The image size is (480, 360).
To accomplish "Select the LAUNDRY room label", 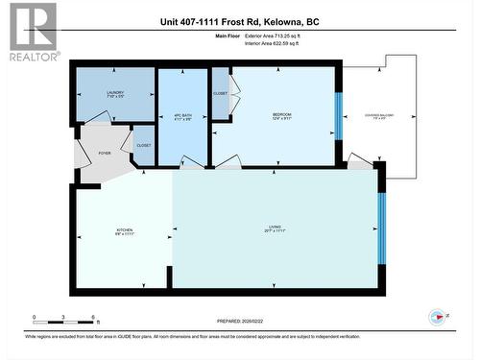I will [x=116, y=93].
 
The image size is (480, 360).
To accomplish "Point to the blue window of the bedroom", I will [x=338, y=116].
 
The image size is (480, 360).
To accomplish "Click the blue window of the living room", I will [x=381, y=230].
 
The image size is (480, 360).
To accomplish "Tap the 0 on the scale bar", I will [x=34, y=317].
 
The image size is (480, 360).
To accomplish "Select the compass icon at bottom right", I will [x=439, y=315].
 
